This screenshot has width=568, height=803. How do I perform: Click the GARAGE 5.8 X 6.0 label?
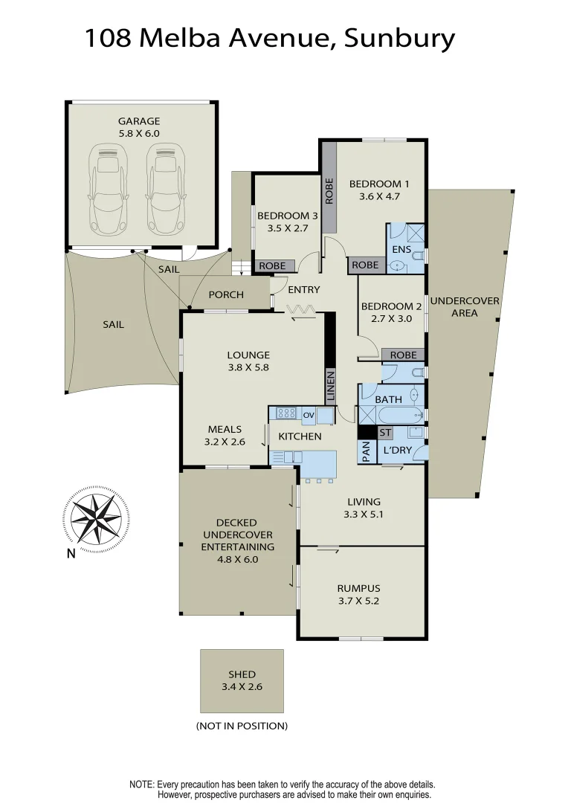point(139,127)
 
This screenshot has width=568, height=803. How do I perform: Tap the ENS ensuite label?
point(402,248)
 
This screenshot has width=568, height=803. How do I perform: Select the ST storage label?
point(385,432)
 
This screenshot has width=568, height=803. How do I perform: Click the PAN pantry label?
point(366,451)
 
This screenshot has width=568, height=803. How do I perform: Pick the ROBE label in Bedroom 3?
point(275,265)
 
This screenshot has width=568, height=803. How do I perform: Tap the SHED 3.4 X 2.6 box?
point(242,681)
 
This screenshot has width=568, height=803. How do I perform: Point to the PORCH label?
point(226,294)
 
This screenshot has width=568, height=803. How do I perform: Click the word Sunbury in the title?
point(399,37)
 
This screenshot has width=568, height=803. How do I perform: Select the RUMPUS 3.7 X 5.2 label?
point(358,594)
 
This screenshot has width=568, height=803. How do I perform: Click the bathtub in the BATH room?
point(391,415)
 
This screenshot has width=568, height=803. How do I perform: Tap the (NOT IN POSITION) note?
point(242,725)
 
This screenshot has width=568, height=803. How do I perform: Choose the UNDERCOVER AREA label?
point(465,307)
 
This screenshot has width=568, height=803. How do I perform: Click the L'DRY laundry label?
point(397,451)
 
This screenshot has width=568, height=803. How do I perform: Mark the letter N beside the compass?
point(71,552)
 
